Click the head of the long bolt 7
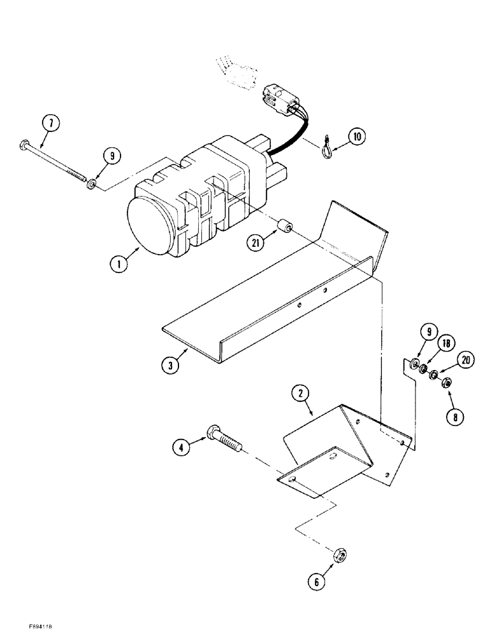click(24, 141)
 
